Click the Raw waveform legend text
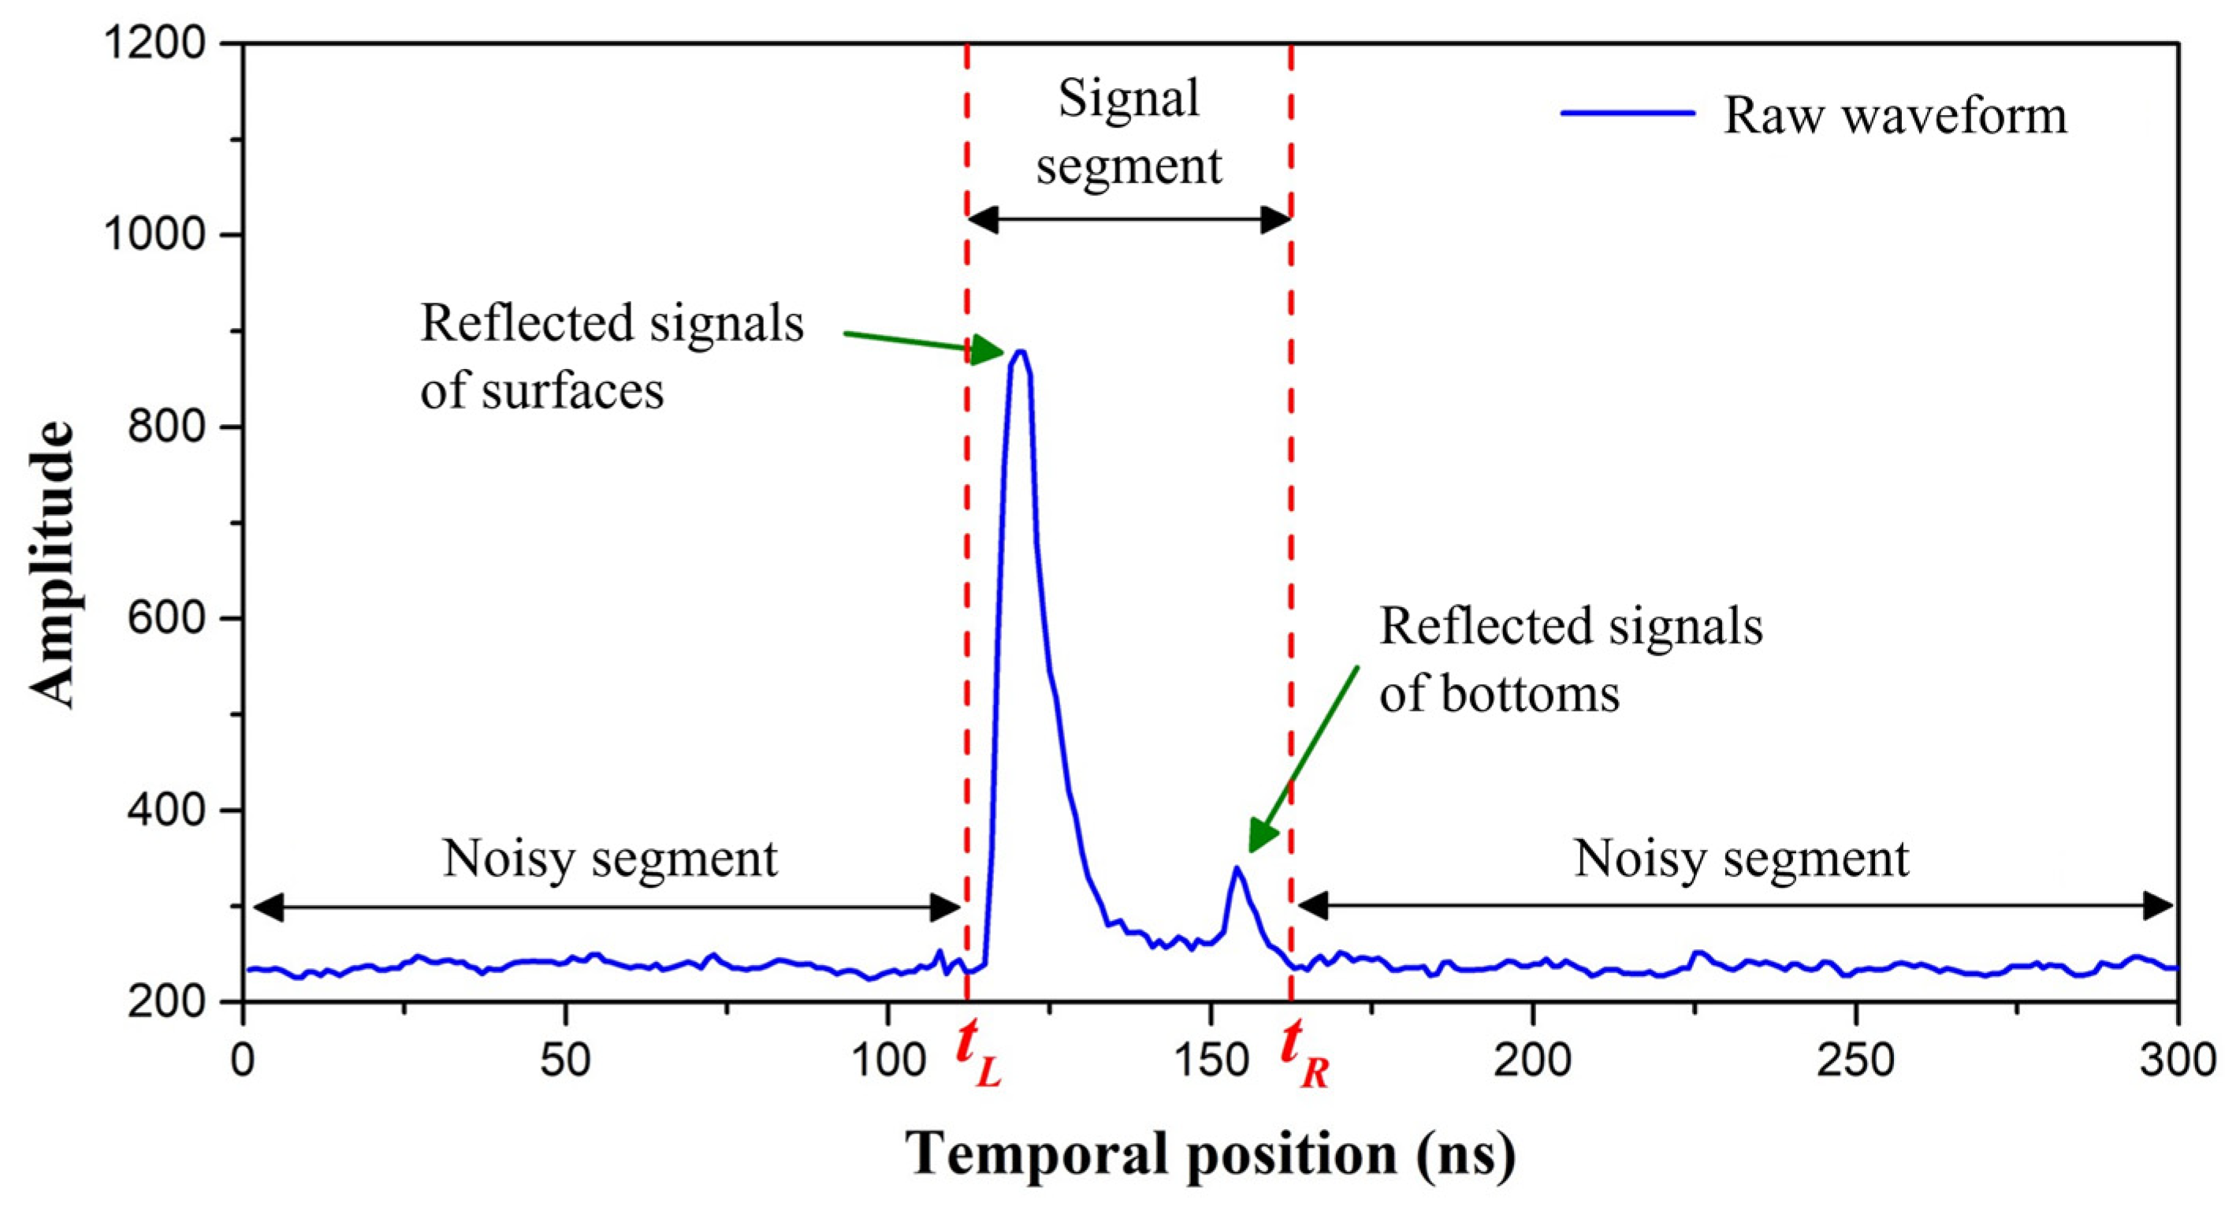(x=1895, y=115)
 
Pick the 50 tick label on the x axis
(x=565, y=1061)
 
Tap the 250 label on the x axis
(x=1855, y=1061)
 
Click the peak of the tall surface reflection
(x=1021, y=352)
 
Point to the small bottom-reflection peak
(x=1236, y=868)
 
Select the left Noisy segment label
(x=609, y=859)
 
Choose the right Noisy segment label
(x=1741, y=859)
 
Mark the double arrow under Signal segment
(x=1129, y=220)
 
